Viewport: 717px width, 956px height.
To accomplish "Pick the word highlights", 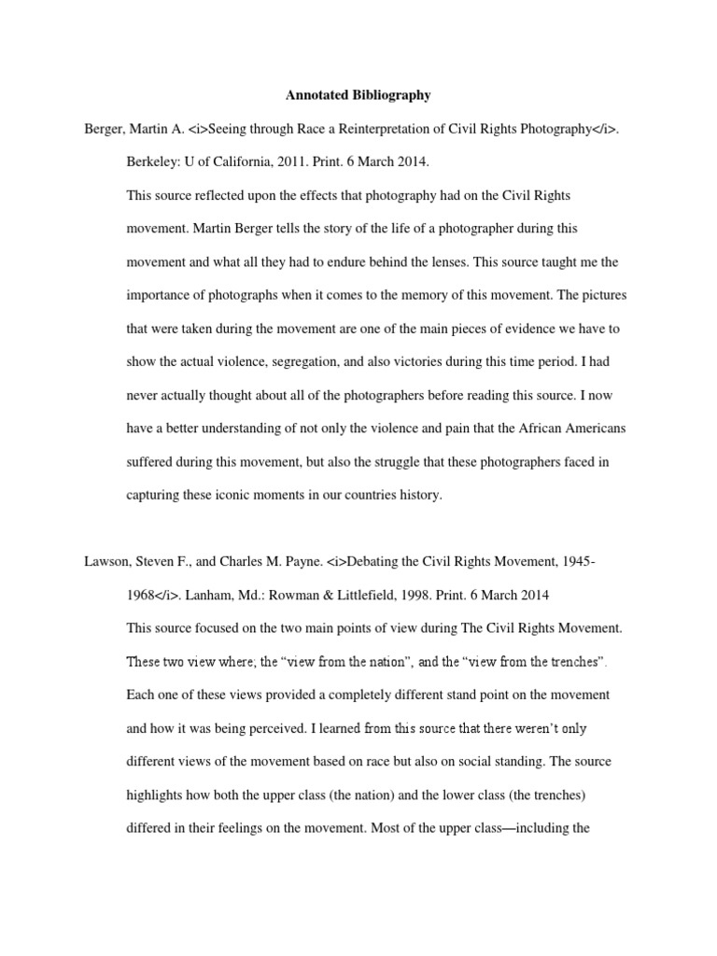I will (x=154, y=795).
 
